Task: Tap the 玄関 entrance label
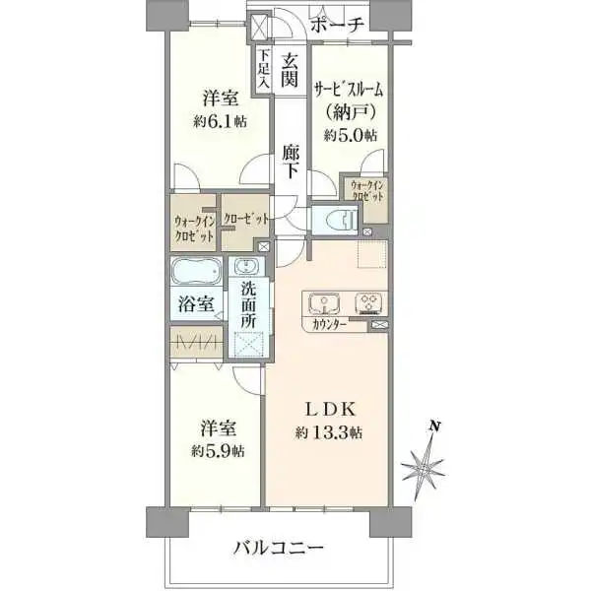(291, 70)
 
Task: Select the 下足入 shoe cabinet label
(263, 70)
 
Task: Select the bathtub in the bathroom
(198, 273)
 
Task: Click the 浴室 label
(197, 304)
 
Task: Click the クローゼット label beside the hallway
(245, 218)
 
